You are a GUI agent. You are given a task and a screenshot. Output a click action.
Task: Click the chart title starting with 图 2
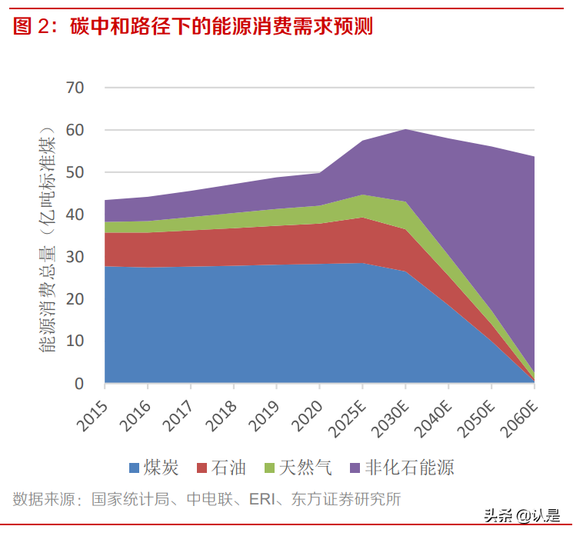coord(193,26)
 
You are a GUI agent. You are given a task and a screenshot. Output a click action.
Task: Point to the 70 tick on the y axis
coord(75,88)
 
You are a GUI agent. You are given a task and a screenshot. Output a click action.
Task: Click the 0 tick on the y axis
coord(79,383)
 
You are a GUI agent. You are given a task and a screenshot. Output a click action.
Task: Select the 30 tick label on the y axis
coord(75,257)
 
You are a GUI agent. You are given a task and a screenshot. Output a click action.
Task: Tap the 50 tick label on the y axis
coord(75,172)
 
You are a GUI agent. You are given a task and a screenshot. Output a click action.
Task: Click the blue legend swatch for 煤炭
coord(135,468)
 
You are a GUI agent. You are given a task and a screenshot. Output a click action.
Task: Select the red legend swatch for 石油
coord(203,468)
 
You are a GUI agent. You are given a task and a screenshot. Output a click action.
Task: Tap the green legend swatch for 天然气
coord(269,468)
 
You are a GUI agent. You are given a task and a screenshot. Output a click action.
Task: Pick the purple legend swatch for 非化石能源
coord(355,468)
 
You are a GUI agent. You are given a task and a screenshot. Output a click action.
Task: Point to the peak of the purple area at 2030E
coord(405,130)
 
